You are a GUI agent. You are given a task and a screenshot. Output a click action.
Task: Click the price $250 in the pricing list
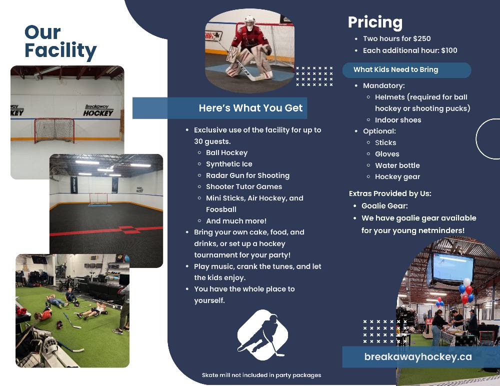tap(421, 38)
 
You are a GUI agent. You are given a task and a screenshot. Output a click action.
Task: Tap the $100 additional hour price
tap(449, 50)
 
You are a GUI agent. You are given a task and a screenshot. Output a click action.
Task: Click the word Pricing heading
tap(375, 22)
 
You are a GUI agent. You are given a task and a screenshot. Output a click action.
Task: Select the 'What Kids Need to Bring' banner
tap(406, 69)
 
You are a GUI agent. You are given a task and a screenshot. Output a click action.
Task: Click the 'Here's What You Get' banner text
tap(250, 108)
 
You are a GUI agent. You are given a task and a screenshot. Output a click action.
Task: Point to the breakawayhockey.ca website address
tap(417, 356)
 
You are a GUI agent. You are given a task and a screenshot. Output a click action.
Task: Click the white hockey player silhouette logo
tap(262, 335)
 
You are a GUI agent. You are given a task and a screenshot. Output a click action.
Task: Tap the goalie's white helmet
tap(250, 23)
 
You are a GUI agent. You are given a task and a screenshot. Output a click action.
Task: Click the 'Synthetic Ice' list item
tap(229, 164)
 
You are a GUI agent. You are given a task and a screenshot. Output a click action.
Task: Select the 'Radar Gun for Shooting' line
tap(248, 175)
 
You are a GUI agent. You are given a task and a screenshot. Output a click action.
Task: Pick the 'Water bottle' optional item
tap(397, 165)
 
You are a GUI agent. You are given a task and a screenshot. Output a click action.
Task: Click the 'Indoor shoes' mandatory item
tap(398, 120)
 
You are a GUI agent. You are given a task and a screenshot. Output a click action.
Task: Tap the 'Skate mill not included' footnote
tap(261, 375)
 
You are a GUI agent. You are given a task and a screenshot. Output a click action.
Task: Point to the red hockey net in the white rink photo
tap(54, 130)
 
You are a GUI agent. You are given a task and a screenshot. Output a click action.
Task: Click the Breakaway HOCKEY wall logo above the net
tap(98, 110)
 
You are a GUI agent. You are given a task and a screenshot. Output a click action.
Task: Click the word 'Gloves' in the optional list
tap(387, 154)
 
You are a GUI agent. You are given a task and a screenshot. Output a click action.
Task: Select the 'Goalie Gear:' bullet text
tap(384, 206)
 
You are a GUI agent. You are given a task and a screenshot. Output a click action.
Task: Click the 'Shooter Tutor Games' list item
tap(244, 186)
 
